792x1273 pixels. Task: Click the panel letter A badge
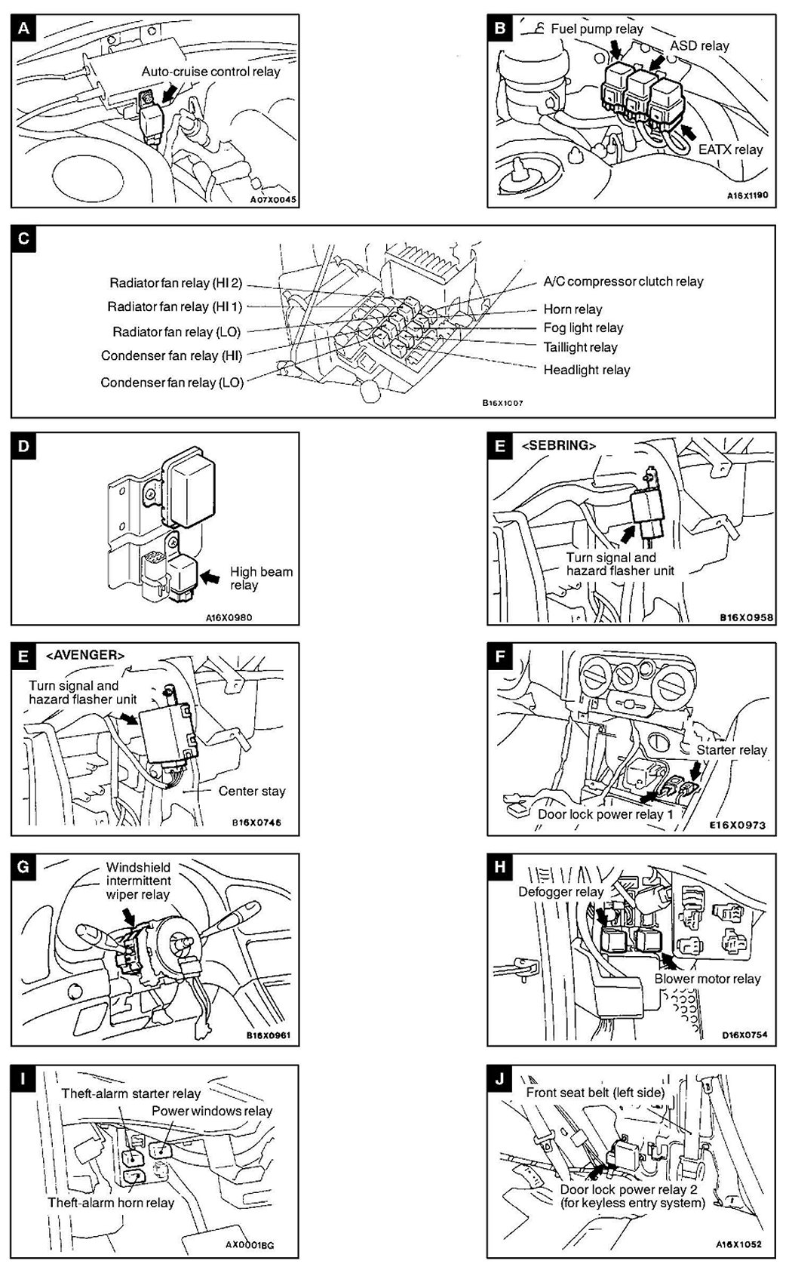[23, 29]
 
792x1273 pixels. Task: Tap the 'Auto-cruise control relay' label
[210, 72]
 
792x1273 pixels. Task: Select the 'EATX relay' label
[730, 149]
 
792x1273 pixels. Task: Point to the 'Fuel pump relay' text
[597, 29]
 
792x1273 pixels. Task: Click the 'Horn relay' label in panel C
[573, 309]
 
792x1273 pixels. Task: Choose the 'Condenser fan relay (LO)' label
[172, 383]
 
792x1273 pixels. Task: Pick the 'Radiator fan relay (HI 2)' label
[176, 283]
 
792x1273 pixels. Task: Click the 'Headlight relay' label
[586, 370]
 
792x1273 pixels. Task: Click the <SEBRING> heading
[558, 445]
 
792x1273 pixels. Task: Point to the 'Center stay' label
[252, 791]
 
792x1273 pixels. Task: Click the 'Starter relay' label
[731, 750]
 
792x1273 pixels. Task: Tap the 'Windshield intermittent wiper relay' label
[138, 881]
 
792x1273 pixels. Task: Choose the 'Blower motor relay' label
[708, 979]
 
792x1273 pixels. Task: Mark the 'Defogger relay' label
[560, 891]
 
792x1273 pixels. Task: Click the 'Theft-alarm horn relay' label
[111, 1202]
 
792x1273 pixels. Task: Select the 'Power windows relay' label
[212, 1111]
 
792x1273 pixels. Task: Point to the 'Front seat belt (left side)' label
[595, 1092]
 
